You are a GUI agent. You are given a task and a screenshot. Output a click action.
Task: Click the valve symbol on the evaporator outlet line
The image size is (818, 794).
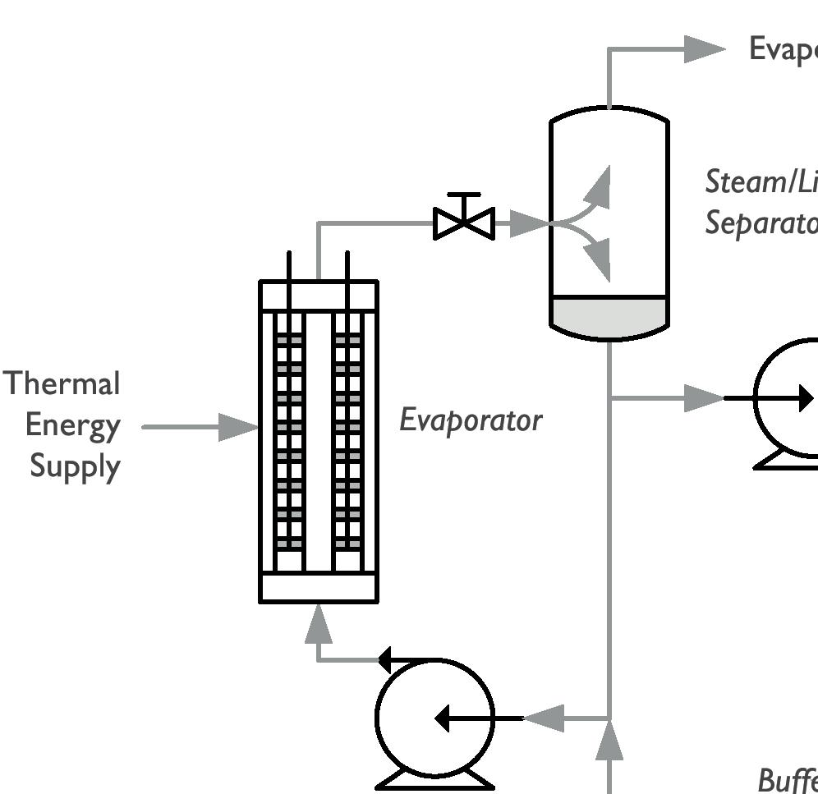click(x=464, y=220)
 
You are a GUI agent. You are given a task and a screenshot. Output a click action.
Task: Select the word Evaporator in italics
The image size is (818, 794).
click(x=471, y=420)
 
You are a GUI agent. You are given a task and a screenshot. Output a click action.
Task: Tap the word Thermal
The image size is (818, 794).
click(x=62, y=383)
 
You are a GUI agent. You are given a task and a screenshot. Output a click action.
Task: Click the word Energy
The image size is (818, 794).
click(x=73, y=425)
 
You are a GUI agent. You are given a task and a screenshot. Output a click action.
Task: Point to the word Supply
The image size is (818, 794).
click(x=76, y=466)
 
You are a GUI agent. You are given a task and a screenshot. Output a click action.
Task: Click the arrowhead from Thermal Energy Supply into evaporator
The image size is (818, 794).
click(x=239, y=427)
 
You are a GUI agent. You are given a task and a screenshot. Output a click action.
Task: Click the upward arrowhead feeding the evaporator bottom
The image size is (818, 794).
click(x=319, y=626)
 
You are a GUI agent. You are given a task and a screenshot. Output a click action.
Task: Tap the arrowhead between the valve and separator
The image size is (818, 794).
click(x=528, y=223)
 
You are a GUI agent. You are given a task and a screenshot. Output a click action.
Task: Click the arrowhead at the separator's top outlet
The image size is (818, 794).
click(x=705, y=48)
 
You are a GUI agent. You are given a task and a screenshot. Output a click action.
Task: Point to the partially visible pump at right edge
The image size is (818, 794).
click(x=788, y=402)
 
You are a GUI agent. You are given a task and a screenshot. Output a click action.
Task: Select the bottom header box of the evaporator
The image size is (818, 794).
click(x=319, y=587)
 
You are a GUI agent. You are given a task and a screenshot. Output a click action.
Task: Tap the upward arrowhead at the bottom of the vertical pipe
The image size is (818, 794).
click(x=609, y=746)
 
